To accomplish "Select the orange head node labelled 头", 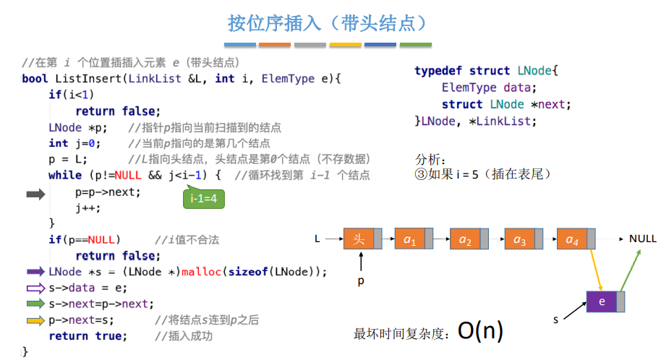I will [x=362, y=238].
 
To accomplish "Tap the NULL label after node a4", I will [x=642, y=238].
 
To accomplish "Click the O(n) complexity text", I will [x=480, y=331].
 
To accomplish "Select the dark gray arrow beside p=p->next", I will [x=35, y=194].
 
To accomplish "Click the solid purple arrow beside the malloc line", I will [x=36, y=272].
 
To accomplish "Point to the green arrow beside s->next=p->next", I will [x=36, y=304].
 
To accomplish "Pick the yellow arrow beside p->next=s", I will [x=36, y=320].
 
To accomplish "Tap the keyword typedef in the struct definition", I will [x=438, y=71].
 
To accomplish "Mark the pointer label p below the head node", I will [x=361, y=280].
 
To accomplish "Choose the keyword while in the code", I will [x=65, y=175].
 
